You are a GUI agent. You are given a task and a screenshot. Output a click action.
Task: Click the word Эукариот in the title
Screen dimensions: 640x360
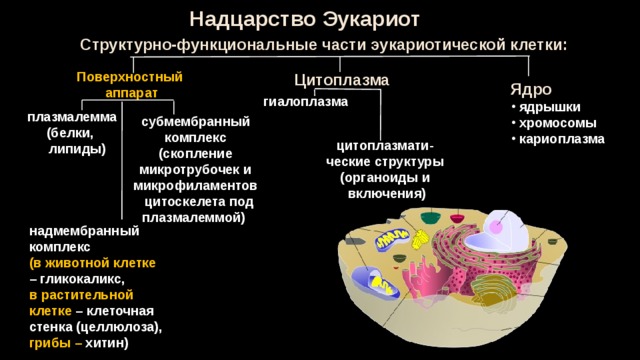point(371,19)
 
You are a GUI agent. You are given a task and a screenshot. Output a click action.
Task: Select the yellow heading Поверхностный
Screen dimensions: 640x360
point(129,77)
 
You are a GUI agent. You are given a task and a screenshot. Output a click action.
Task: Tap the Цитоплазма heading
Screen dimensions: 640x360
point(341,80)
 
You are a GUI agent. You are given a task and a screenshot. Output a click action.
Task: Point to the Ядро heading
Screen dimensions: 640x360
point(531,90)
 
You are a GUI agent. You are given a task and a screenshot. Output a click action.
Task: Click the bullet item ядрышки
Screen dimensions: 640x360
point(549,107)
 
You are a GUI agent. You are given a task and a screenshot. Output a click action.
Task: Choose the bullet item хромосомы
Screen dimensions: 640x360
point(558,123)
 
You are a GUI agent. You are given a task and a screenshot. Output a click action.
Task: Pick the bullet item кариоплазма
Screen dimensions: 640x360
point(562,139)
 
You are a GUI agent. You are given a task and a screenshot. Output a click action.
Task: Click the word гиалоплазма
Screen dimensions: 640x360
point(306,102)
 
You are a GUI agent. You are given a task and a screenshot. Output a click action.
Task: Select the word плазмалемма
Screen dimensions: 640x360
point(72,117)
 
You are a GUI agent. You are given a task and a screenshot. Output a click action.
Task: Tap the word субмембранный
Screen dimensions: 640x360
point(196,122)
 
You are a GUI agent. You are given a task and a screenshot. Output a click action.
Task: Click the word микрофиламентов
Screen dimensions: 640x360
point(195,186)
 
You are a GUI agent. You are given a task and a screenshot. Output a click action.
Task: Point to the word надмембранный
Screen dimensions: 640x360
point(84,231)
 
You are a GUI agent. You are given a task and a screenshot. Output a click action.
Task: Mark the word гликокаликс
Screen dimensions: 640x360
point(82,279)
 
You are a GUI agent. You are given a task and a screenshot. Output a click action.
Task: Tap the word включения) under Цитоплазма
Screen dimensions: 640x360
point(387,193)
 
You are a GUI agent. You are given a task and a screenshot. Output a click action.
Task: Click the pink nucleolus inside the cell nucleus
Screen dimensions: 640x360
point(496,227)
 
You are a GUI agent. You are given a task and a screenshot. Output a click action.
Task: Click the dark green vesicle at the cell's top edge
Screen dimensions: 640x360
point(428,218)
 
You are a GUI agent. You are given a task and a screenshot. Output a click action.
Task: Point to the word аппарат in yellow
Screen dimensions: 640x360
point(131,93)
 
